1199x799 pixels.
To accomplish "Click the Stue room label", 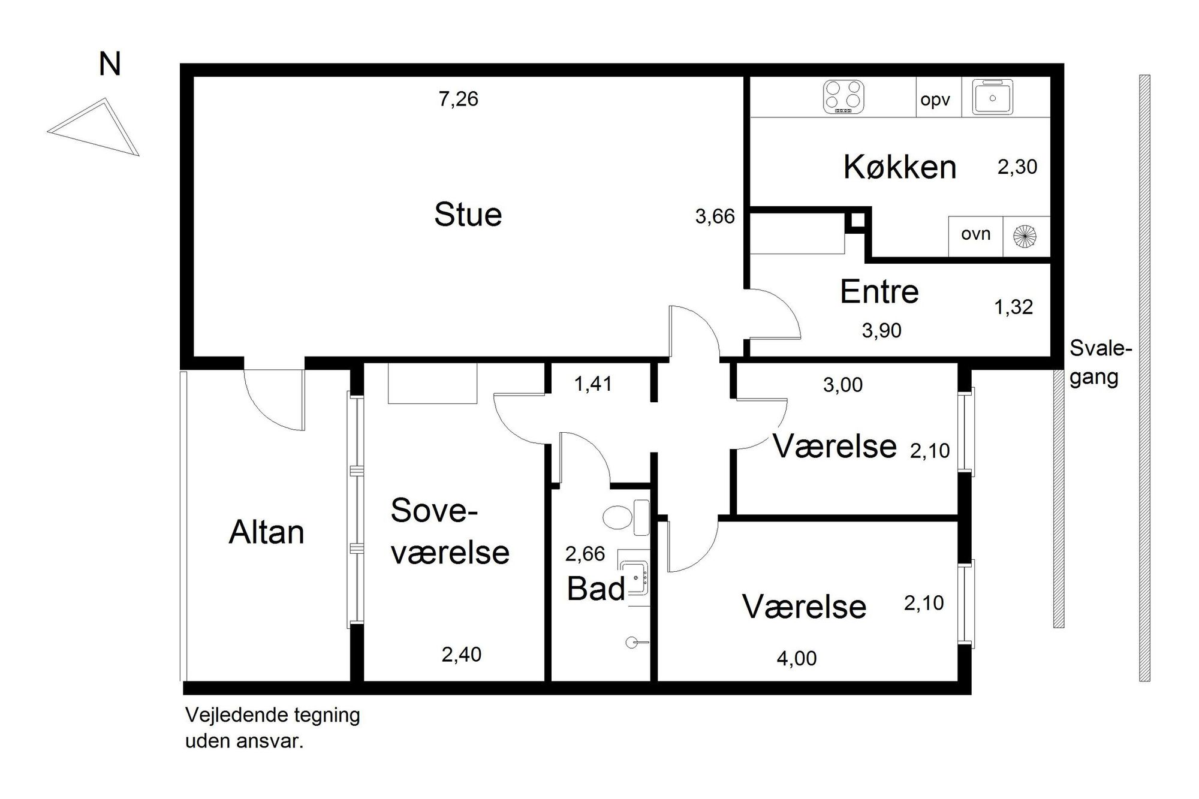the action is [x=468, y=215].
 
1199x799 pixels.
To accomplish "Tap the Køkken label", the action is [x=900, y=167].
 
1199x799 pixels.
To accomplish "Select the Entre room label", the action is [x=879, y=292].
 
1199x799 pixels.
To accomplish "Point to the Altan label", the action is [x=267, y=532].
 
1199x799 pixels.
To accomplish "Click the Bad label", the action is [x=596, y=589].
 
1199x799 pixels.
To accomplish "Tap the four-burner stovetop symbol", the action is [x=844, y=97].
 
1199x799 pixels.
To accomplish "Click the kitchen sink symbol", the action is [x=992, y=97].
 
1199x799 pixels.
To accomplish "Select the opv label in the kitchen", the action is [x=935, y=100].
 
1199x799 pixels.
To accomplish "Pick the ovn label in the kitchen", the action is [x=975, y=234].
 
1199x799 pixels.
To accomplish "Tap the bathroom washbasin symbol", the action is [x=634, y=578].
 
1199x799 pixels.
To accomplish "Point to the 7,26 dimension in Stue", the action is [x=459, y=99].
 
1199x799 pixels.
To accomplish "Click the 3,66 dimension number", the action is [x=715, y=216].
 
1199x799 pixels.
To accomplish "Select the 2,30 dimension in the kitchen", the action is [x=1017, y=167].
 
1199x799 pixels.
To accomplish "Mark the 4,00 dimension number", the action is [x=797, y=659].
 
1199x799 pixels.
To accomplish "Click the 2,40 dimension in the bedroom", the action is [x=462, y=655].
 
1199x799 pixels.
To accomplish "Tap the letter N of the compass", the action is [x=110, y=64].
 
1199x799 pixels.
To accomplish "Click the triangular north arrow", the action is [x=94, y=127].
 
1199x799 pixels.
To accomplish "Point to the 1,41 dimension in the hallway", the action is [x=593, y=384].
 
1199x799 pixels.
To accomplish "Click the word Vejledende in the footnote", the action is [x=239, y=716].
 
